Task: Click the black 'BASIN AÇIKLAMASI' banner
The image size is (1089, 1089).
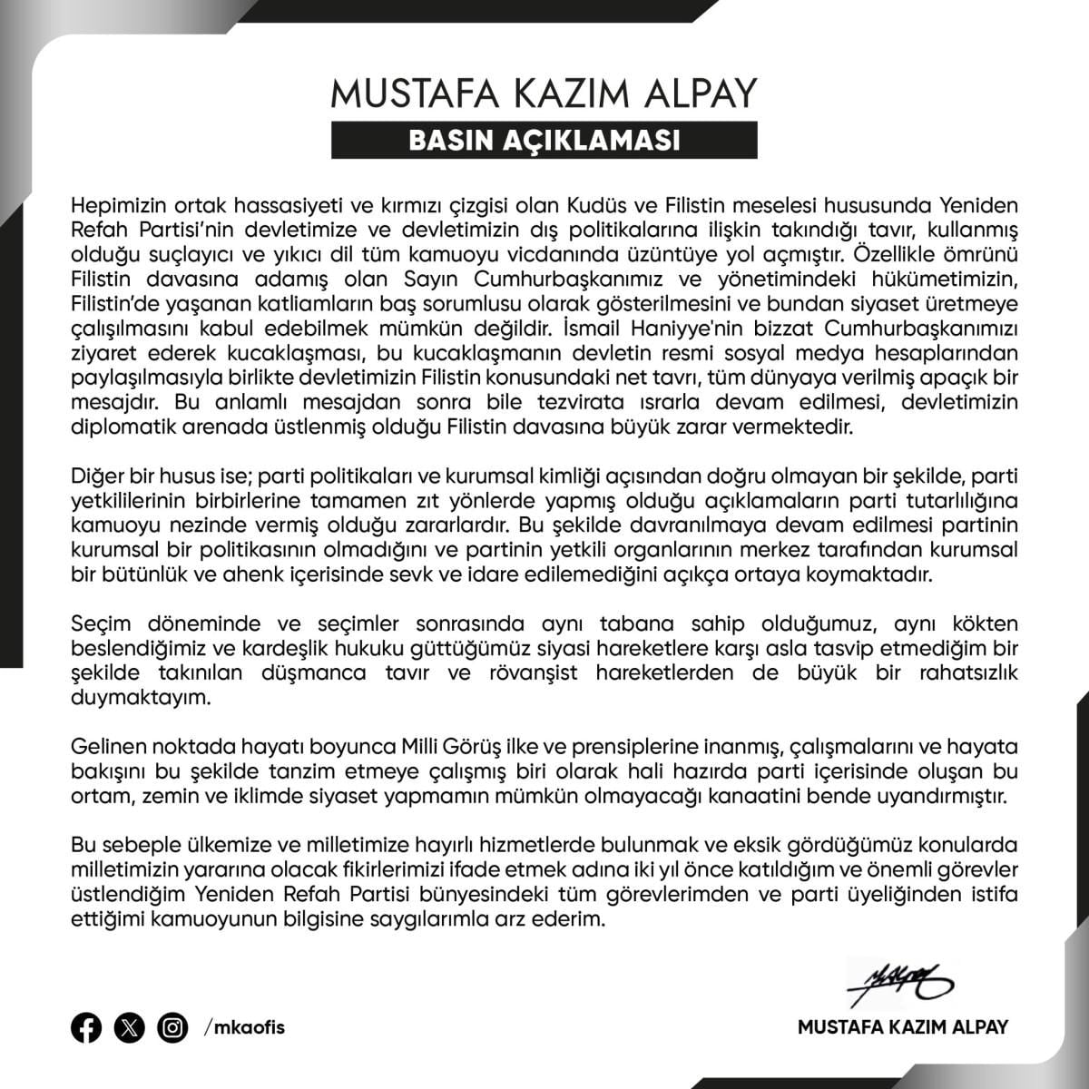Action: tap(544, 141)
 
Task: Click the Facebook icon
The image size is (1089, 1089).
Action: tap(86, 1027)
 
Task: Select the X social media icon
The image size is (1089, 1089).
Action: tap(130, 1027)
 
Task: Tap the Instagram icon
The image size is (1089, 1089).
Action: tap(172, 1027)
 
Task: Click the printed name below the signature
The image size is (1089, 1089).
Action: tap(903, 1027)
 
